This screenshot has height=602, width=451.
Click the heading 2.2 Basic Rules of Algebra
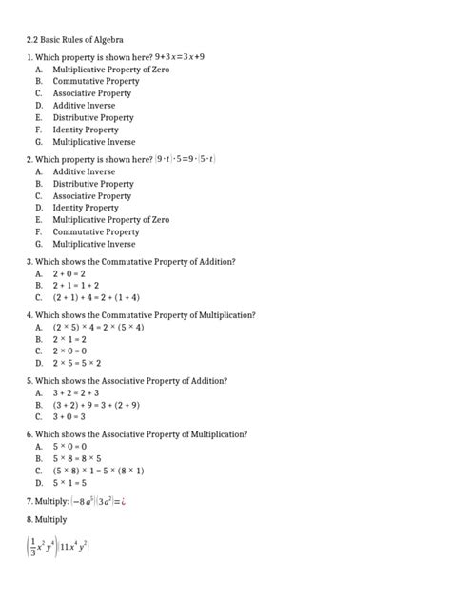(x=74, y=40)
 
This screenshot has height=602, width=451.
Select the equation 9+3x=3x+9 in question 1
(x=180, y=57)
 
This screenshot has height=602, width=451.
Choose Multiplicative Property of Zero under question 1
(x=110, y=70)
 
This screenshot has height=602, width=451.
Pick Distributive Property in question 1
(x=93, y=117)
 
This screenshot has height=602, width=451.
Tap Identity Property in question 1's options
(x=86, y=130)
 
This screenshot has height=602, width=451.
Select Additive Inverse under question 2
(x=84, y=171)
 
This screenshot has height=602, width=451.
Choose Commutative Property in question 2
(x=96, y=231)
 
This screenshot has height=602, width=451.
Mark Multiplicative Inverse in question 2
(x=94, y=244)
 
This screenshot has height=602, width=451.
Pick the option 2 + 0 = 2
(x=69, y=272)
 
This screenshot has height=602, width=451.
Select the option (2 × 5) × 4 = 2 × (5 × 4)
(x=99, y=327)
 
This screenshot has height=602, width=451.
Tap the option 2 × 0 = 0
(x=70, y=351)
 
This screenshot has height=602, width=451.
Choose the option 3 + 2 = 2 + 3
(x=76, y=392)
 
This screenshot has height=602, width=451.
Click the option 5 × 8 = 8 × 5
(x=76, y=458)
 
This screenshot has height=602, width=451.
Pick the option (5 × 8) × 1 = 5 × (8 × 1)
(x=99, y=470)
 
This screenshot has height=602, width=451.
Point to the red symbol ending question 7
(x=125, y=500)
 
